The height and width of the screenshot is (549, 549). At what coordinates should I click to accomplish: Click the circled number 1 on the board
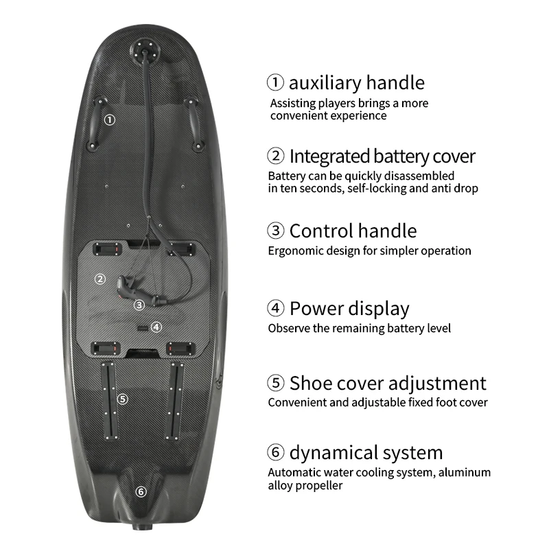pyautogui.click(x=110, y=120)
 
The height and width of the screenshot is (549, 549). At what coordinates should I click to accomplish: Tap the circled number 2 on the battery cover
pyautogui.click(x=100, y=279)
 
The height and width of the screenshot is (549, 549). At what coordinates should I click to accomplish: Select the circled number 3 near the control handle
pyautogui.click(x=139, y=305)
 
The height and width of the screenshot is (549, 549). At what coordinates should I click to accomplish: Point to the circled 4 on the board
pyautogui.click(x=156, y=327)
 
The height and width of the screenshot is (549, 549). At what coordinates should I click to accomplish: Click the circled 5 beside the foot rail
pyautogui.click(x=123, y=399)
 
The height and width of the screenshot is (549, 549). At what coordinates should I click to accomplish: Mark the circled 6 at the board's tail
pyautogui.click(x=141, y=491)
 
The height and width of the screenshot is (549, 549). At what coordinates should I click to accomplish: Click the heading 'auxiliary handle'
pyautogui.click(x=356, y=83)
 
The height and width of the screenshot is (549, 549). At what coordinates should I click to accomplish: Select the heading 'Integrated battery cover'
pyautogui.click(x=382, y=156)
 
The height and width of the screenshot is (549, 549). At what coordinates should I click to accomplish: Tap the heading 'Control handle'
pyautogui.click(x=353, y=231)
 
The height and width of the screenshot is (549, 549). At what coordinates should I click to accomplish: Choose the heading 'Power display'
pyautogui.click(x=349, y=309)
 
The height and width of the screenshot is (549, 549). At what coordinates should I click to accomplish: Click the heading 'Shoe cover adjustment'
pyautogui.click(x=388, y=384)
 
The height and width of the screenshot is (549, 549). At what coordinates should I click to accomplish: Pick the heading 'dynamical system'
pyautogui.click(x=366, y=453)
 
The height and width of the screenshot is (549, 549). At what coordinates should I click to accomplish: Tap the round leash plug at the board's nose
pyautogui.click(x=145, y=49)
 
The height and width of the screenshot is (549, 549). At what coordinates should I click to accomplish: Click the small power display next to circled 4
pyautogui.click(x=143, y=328)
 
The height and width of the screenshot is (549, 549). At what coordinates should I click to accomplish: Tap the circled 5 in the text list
pyautogui.click(x=276, y=383)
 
